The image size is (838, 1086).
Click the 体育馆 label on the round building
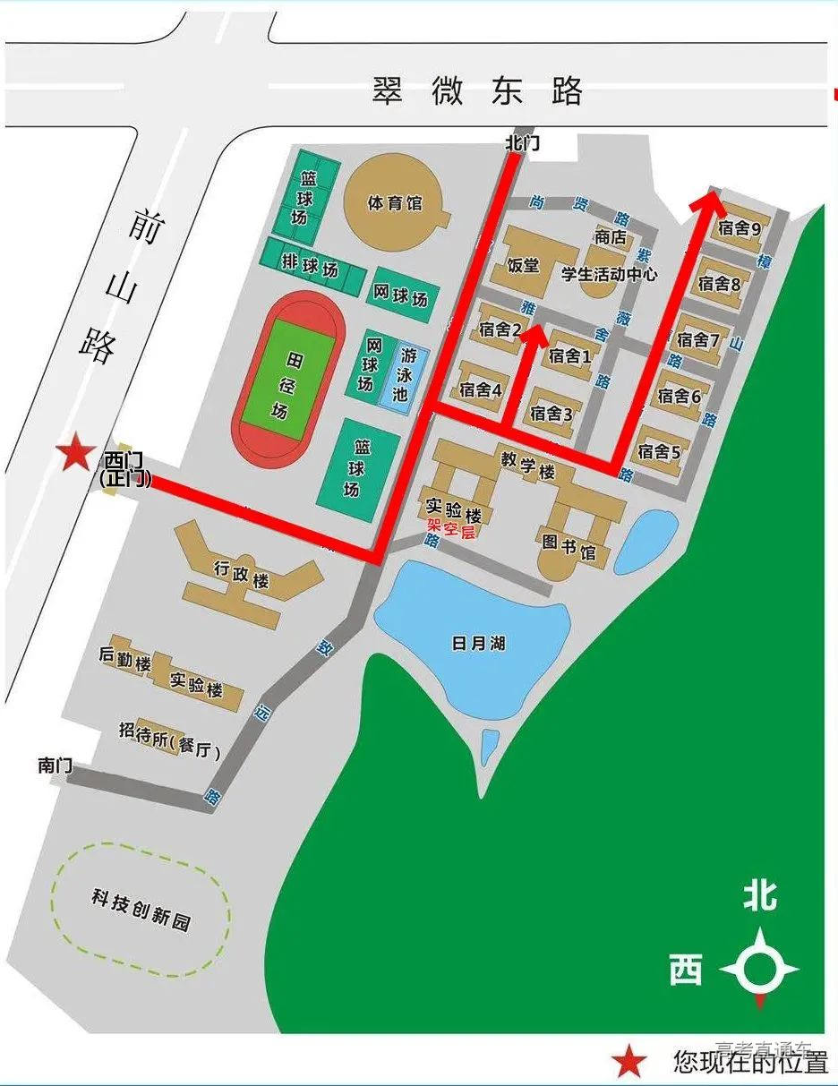coord(395,203)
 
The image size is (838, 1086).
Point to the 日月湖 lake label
coord(479,643)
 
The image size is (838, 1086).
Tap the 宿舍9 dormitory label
coord(739,228)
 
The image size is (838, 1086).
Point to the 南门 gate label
coord(56,765)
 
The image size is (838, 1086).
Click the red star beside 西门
coord(74,454)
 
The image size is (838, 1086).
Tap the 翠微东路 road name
coord(477,91)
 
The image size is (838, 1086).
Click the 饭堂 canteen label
coord(523,265)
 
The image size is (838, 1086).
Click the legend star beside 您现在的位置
coord(629,1063)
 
